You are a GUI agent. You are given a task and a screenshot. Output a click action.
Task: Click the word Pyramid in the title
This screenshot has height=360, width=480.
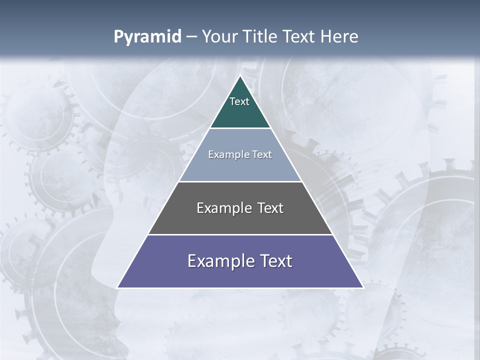147,37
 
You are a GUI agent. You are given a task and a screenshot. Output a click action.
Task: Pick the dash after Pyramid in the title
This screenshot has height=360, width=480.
191,37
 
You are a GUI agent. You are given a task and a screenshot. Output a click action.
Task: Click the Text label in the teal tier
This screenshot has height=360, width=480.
239,101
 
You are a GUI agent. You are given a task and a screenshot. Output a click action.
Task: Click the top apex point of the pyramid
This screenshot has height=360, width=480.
240,76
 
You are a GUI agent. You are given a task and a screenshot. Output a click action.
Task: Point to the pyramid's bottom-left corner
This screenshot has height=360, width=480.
118,287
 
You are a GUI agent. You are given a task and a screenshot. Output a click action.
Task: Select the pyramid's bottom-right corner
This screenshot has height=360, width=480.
362,287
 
